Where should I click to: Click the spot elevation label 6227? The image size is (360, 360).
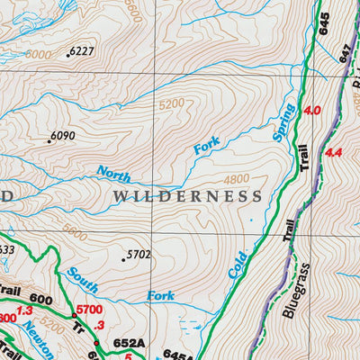(x=82, y=51)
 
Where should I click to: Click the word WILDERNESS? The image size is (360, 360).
(x=188, y=195)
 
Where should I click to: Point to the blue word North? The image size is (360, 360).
(x=113, y=175)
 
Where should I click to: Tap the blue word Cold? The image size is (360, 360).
(x=238, y=263)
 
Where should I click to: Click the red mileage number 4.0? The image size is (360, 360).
(x=312, y=111)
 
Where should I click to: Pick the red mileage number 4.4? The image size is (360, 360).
(x=336, y=153)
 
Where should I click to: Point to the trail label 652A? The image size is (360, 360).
(x=129, y=343)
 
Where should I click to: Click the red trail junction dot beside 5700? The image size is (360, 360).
(x=74, y=315)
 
